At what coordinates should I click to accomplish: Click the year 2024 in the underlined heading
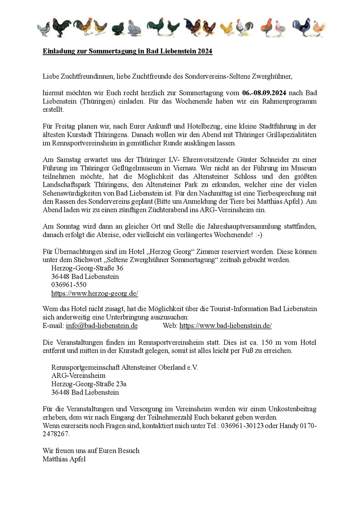tap(205, 51)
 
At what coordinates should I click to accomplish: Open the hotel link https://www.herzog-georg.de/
tap(95, 293)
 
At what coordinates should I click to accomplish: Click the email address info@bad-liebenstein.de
tap(102, 326)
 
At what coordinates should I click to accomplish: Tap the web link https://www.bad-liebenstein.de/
tap(226, 326)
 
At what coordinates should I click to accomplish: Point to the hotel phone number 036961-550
tap(69, 285)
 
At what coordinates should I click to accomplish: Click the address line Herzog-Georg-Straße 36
tap(87, 268)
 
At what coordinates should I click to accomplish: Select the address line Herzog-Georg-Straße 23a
tap(89, 384)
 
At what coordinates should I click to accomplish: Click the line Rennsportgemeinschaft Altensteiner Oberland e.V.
tap(125, 367)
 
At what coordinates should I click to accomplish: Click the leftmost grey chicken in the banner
tap(44, 29)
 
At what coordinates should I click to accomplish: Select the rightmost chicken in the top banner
tap(320, 29)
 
